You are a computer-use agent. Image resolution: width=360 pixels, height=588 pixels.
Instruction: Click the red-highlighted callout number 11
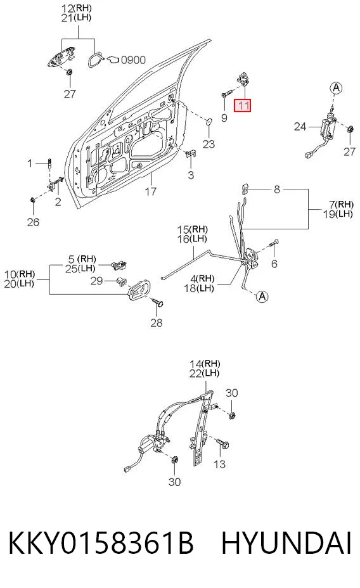(242, 105)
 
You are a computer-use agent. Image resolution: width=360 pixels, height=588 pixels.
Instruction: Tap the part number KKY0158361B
(101, 542)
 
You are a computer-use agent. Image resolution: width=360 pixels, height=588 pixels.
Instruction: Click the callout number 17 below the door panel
(151, 191)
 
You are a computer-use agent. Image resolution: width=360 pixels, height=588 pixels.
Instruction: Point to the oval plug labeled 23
(209, 121)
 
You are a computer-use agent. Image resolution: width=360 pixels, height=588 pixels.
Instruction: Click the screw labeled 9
(226, 93)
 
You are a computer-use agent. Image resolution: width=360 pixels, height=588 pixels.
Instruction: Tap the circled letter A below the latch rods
(262, 297)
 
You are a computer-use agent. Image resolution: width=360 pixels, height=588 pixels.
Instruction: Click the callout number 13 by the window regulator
(219, 464)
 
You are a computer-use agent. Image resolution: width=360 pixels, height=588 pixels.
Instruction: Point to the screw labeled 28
(157, 302)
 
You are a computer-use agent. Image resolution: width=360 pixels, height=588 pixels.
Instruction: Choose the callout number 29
(96, 281)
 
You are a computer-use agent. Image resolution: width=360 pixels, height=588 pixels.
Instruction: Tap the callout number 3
(191, 175)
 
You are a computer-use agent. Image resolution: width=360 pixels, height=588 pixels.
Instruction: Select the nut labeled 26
(32, 199)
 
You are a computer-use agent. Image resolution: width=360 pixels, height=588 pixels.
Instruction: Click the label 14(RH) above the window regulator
(205, 363)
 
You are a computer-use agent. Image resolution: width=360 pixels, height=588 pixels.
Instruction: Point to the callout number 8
(277, 189)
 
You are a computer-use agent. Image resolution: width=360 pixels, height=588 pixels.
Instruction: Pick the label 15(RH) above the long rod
(193, 229)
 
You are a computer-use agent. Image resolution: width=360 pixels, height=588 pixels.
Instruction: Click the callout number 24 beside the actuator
(300, 127)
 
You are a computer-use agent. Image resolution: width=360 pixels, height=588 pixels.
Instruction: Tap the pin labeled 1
(50, 163)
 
